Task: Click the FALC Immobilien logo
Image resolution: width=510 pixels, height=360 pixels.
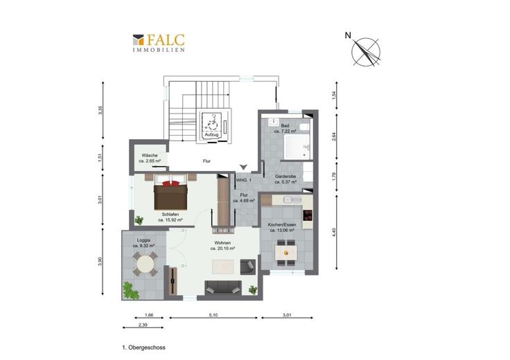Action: pos(159,43)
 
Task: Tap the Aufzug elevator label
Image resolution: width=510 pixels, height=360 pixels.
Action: pos(211,134)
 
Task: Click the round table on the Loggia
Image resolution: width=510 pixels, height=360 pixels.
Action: pos(145,264)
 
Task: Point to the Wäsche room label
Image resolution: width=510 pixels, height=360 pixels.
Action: pos(150,155)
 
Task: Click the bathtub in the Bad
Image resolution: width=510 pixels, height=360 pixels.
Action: pos(297,147)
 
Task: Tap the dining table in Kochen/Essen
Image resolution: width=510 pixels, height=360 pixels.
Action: pos(286,253)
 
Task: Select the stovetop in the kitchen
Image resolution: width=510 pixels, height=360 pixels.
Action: pos(308,215)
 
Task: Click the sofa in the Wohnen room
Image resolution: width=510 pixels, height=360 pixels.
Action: pos(223,288)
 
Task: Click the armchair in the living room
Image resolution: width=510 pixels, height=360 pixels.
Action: pos(248,267)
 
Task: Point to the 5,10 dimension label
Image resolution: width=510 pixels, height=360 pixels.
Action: pos(213,315)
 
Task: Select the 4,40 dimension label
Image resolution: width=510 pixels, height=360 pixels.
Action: pos(334,232)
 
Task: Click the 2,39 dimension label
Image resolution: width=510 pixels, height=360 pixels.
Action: pos(143,325)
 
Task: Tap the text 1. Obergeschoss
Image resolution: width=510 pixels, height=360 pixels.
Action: pos(143,348)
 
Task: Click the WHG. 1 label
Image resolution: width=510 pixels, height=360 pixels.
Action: pos(244,180)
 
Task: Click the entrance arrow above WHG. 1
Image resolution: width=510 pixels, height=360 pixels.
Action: pos(244,168)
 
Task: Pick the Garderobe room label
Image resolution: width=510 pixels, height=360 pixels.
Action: pos(285,176)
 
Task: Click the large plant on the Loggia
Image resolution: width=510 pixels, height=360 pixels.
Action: pos(131,291)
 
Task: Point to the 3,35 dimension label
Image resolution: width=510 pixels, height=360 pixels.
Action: pos(100,110)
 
